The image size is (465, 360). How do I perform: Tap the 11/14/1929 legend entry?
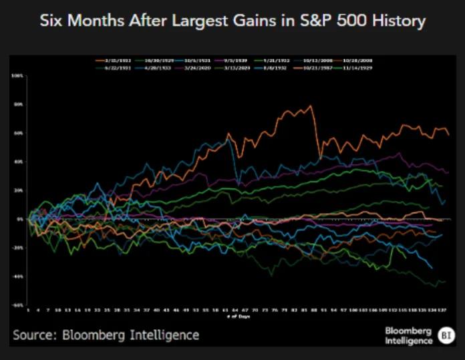pyautogui.click(x=355, y=67)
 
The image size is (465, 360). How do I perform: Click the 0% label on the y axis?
pyautogui.click(x=20, y=219)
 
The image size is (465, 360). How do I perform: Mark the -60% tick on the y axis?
pyautogui.click(x=18, y=305)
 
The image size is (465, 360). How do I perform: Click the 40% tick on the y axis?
pyautogui.click(x=19, y=162)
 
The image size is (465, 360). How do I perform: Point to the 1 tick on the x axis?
pyautogui.click(x=29, y=311)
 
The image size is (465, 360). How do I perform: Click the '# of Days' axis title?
pyautogui.click(x=238, y=316)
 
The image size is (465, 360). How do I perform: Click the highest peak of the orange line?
pyautogui.click(x=310, y=106)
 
